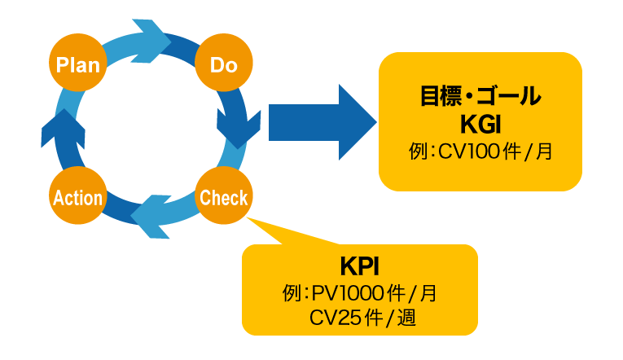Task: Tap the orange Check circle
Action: click(x=224, y=196)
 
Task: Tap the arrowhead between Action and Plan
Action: click(x=58, y=126)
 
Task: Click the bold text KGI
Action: click(x=480, y=125)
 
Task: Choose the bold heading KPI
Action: click(x=359, y=266)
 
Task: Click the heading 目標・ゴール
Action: click(x=480, y=97)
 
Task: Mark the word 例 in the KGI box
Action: click(x=418, y=151)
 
